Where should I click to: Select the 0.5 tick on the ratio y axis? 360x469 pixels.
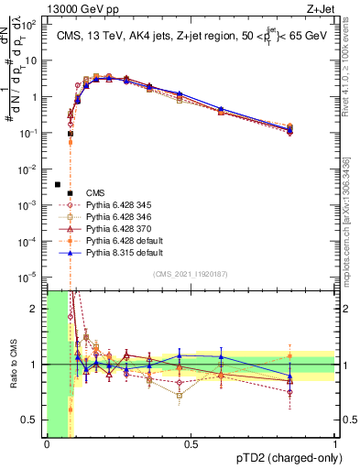34,420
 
